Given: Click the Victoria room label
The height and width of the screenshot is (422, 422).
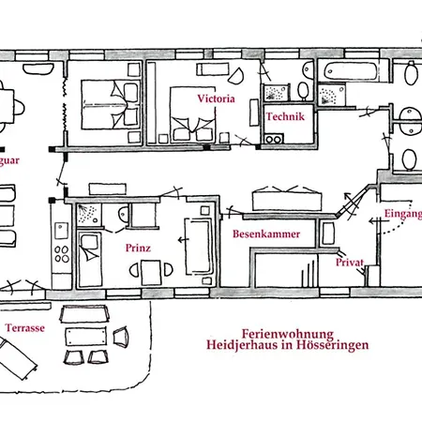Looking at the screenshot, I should [215, 98].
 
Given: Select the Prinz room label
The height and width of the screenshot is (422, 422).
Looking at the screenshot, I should [137, 249].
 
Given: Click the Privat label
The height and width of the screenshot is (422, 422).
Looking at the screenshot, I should [349, 264].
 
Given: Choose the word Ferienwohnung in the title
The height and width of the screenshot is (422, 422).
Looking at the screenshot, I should [288, 332].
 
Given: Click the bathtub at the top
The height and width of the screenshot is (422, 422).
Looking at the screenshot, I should [348, 71].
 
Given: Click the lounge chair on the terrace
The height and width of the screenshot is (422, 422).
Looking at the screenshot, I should [20, 355].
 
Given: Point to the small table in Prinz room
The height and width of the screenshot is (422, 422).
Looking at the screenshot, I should [149, 272].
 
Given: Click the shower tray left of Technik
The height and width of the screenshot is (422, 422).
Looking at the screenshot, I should [276, 90].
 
